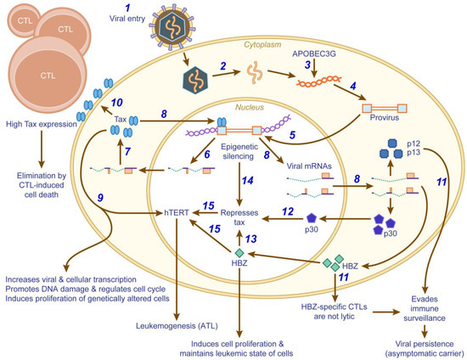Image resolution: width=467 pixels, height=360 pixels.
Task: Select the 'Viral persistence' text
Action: pyautogui.click(x=422, y=340)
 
